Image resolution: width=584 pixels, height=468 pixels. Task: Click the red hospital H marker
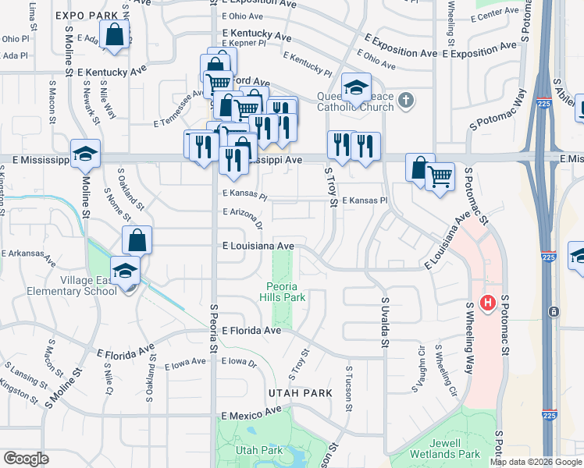point(489,303)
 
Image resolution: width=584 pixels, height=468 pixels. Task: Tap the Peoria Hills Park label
point(284,291)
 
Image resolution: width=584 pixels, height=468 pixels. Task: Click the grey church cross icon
point(404,100)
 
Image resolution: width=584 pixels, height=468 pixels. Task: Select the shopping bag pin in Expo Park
point(115,36)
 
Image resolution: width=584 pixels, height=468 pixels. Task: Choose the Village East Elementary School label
point(82,286)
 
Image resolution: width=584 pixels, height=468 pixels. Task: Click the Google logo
point(25,458)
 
